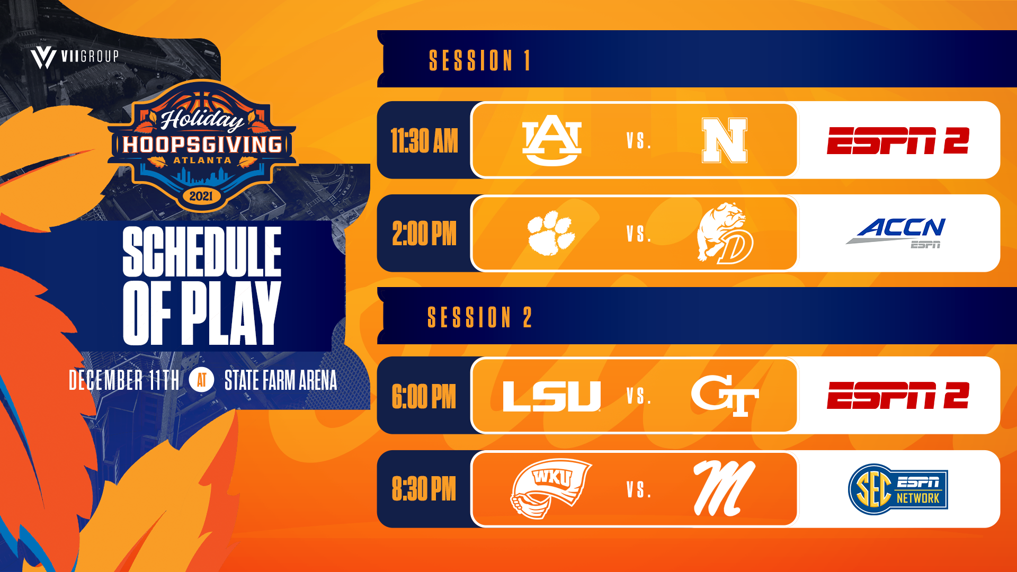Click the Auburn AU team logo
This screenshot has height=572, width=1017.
click(551, 140)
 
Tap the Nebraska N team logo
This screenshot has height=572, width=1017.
click(725, 140)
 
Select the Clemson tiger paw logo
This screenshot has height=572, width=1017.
click(551, 233)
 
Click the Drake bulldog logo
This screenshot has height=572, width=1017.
click(725, 233)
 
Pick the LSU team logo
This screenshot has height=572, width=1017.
click(551, 396)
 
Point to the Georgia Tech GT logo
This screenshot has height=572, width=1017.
click(725, 396)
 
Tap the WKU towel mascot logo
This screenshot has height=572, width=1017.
click(551, 488)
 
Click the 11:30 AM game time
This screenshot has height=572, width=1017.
click(424, 141)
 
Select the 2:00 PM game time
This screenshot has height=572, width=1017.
click(424, 234)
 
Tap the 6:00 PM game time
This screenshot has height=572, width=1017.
click(424, 397)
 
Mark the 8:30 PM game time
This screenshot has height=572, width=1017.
click(424, 489)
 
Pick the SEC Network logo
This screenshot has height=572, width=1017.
click(898, 489)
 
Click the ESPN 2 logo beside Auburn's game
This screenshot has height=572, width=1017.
click(898, 140)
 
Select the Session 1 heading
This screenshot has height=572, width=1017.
click(480, 60)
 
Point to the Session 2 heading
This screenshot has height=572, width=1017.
click(480, 317)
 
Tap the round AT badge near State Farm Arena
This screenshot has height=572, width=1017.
click(202, 380)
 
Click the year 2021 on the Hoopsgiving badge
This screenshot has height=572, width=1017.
click(201, 196)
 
